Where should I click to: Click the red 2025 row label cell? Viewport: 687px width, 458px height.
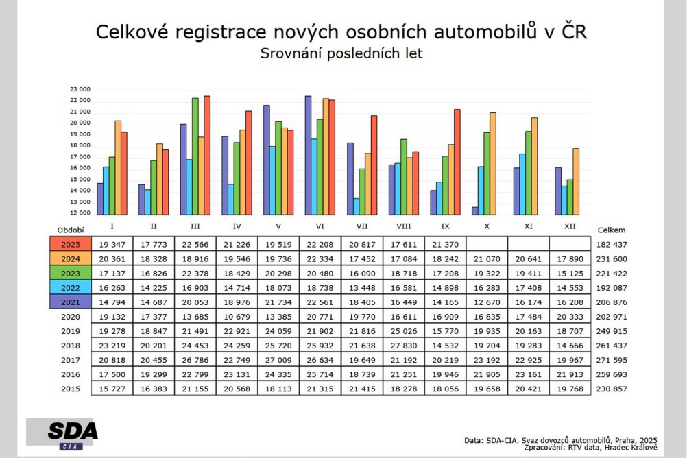coord(70,244)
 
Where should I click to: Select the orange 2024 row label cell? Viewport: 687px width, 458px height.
coord(70,258)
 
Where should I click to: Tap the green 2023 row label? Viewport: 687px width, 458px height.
coord(70,273)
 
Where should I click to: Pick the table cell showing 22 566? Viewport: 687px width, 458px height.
coord(195,244)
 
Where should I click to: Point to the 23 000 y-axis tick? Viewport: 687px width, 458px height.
coord(81,90)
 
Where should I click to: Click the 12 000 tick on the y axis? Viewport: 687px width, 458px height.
coord(81,213)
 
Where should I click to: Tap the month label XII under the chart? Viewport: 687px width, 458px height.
coord(569,226)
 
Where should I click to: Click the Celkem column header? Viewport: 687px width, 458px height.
coord(612,230)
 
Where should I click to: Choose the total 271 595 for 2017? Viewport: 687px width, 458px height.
coord(612,359)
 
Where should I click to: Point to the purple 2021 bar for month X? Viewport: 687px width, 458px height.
coord(475,210)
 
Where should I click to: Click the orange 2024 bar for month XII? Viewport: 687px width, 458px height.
coord(577,182)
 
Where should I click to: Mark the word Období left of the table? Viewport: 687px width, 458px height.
coord(71,231)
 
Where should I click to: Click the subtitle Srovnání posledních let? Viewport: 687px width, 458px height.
coord(341,53)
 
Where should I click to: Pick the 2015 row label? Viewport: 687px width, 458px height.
coord(70,389)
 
